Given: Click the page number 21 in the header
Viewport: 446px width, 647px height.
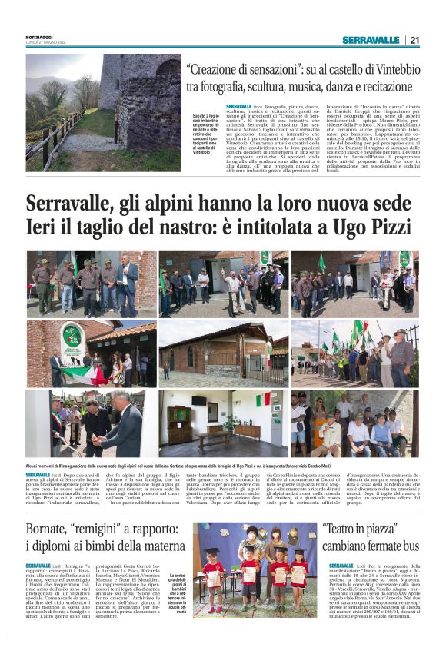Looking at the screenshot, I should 414,40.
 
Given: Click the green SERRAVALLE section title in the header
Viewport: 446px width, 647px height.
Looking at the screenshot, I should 370,40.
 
